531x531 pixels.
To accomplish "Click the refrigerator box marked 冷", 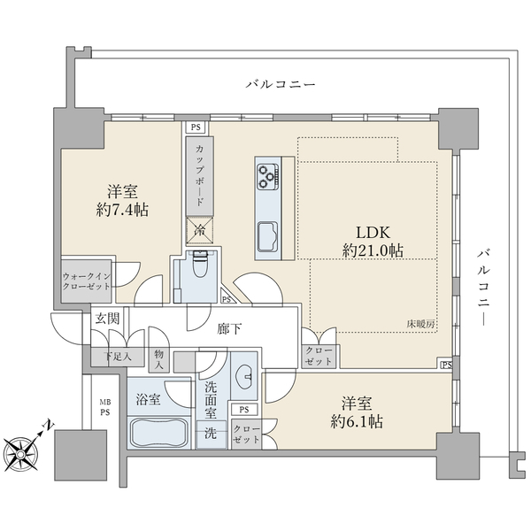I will click(199, 231).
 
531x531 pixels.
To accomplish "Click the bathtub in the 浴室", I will click(159, 434).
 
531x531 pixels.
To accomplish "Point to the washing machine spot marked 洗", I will click(211, 434).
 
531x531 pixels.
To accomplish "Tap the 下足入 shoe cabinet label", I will click(112, 357).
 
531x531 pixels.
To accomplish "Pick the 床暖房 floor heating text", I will click(420, 324).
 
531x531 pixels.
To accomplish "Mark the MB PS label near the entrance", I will click(104, 406).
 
